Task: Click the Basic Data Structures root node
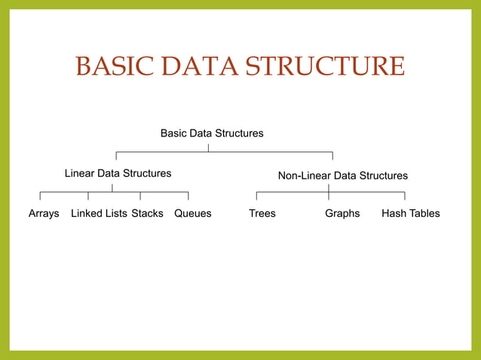coord(212,133)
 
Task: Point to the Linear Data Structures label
coord(118,173)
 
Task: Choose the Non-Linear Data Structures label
coord(342,175)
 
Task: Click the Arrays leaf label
coord(44,213)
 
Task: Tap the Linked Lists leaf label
coord(99,213)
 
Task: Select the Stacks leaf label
coord(147,213)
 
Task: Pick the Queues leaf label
coord(192,213)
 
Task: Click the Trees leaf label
coord(262,213)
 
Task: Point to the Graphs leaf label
coord(342,213)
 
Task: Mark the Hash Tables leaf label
coord(410,213)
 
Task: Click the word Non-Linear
coord(304,175)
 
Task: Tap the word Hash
coord(394,213)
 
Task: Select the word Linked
coord(87,213)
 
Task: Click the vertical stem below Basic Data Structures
coord(209,146)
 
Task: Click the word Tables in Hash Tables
coord(424,213)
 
